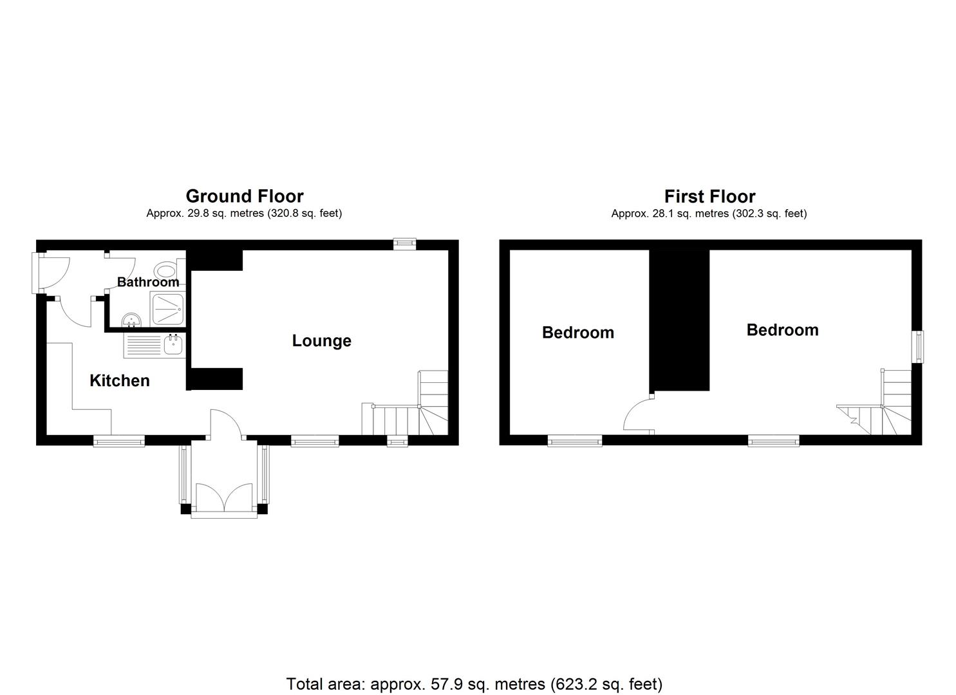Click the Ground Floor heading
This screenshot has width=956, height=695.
click(245, 196)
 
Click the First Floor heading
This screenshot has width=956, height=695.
click(709, 196)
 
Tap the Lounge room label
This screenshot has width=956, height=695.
click(321, 341)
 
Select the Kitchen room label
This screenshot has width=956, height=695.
click(120, 381)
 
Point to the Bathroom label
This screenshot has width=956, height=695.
click(148, 282)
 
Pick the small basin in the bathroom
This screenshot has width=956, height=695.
click(131, 319)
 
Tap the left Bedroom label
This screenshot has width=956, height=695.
click(578, 333)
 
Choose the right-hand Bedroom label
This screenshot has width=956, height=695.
click(782, 330)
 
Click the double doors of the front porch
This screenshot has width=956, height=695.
click(224, 497)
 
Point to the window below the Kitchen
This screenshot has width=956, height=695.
click(119, 441)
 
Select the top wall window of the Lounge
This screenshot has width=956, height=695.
click(405, 243)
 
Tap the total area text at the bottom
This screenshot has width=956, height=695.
click(474, 683)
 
